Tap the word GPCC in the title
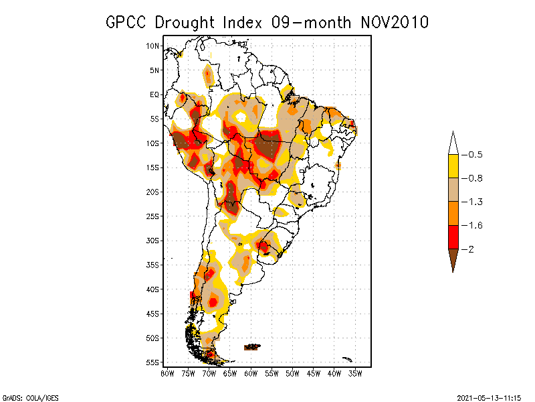coord(127,22)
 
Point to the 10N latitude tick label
coord(153,46)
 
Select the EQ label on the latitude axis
coord(155,94)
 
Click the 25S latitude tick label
coord(153,216)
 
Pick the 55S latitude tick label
coord(153,362)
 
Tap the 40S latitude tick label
coord(153,289)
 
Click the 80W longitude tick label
coord(167,373)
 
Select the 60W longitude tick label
coord(251,373)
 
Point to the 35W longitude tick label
coord(355,373)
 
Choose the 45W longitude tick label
coord(314,373)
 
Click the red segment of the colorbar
coord(453,237)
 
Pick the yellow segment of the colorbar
coord(453,166)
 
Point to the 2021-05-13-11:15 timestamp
coord(490,397)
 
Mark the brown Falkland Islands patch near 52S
coord(252,346)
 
